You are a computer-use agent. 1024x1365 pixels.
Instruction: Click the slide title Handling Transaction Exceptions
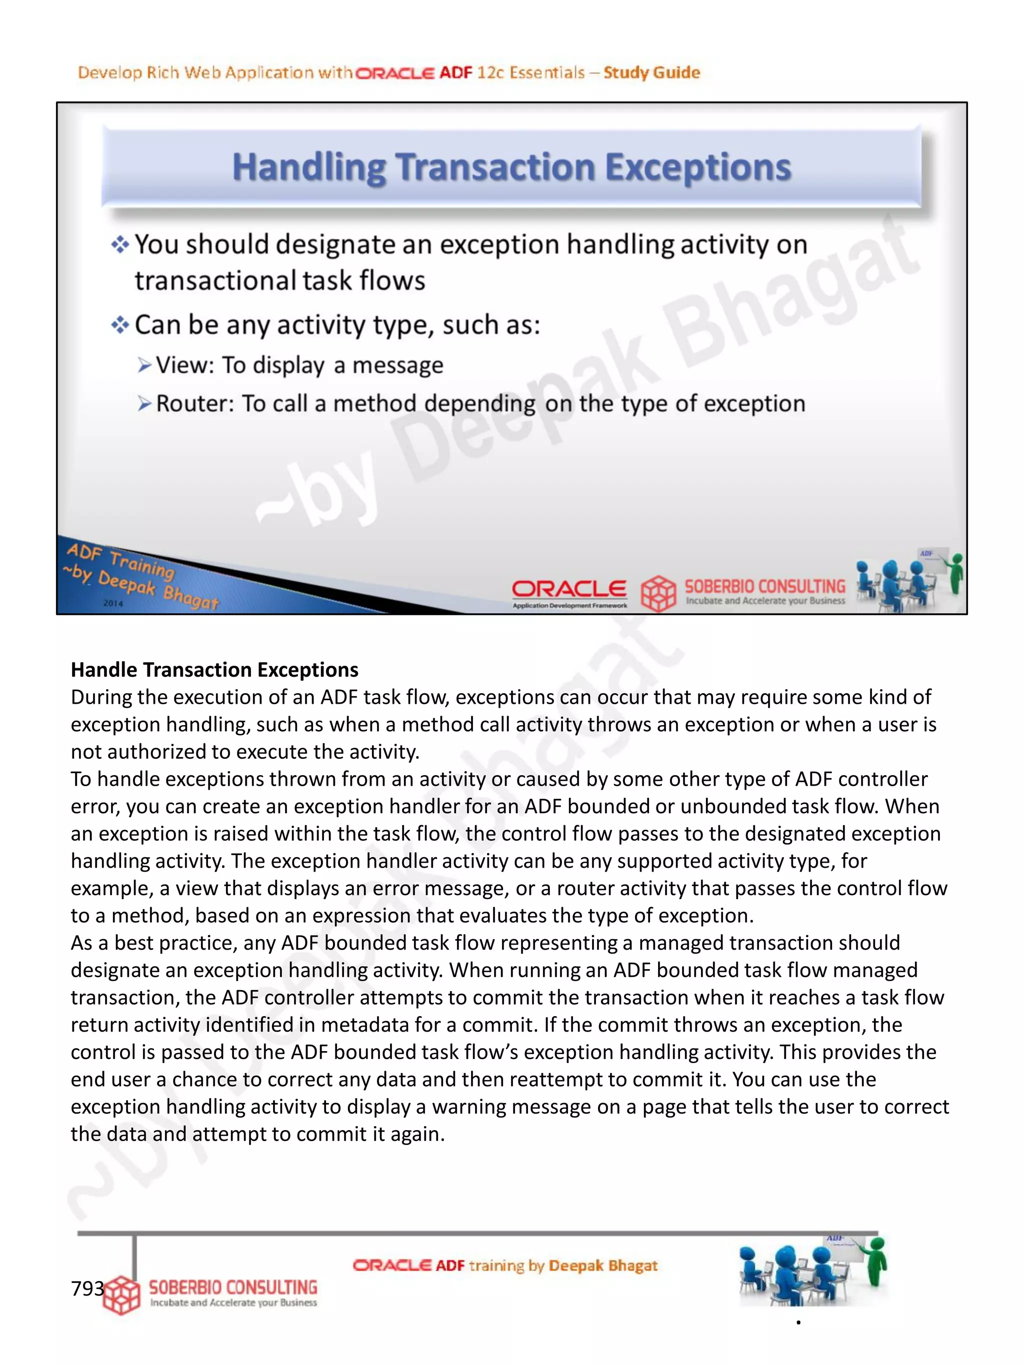511,168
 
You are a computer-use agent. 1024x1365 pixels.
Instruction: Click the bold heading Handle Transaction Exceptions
214,670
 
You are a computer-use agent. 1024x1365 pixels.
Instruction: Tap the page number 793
87,1289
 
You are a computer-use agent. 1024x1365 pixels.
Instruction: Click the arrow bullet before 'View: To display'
144,365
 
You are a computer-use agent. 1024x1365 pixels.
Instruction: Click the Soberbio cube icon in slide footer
658,593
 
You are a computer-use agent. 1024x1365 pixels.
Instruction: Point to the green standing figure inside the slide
955,572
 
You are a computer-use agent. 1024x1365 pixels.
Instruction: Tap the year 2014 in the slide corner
113,603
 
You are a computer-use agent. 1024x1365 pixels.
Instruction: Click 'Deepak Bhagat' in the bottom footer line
602,1266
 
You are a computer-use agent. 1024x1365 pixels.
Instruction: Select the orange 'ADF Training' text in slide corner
121,560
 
